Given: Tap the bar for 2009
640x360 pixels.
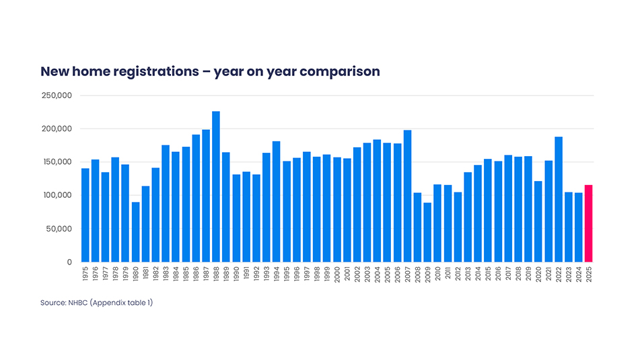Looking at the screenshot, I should (427, 232).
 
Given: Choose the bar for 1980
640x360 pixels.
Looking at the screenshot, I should (135, 232).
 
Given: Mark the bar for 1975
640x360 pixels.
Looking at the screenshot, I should (85, 215).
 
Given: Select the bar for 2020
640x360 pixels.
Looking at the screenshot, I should (538, 221).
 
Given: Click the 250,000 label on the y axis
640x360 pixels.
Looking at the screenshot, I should (57, 96).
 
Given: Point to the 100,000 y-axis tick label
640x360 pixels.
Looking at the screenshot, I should (57, 196).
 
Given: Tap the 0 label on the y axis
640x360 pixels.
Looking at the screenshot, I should (69, 262).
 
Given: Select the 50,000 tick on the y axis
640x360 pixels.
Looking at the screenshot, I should (59, 229).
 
